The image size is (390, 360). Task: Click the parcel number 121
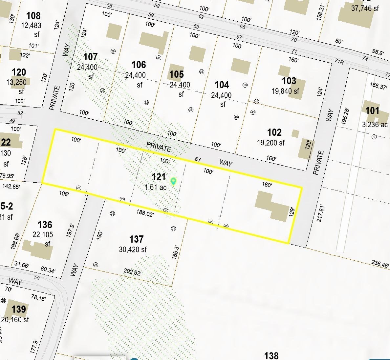coord(159,177)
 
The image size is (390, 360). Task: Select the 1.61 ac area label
coord(156,187)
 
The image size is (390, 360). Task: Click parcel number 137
coord(136,239)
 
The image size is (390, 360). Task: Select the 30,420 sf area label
coord(133,250)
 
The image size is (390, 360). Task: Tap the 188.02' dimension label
coord(145,214)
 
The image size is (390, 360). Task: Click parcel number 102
coord(274,132)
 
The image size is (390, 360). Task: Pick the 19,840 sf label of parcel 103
coord(285,91)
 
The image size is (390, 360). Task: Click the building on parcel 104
coord(240,66)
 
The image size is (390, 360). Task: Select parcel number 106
coord(139,65)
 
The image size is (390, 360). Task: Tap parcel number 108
coord(33,15)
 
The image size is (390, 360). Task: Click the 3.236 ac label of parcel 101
coord(375,125)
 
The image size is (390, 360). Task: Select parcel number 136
coord(45,225)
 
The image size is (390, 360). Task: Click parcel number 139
coord(18,309)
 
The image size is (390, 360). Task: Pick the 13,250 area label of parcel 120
coord(16,82)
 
